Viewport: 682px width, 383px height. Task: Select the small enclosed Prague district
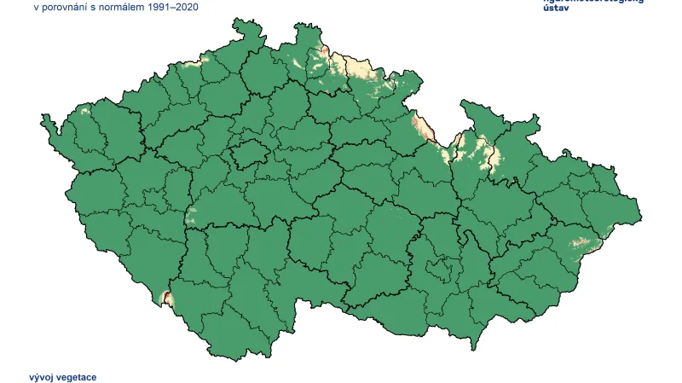(247, 154)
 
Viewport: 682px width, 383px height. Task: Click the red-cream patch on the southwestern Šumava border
(166, 298)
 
